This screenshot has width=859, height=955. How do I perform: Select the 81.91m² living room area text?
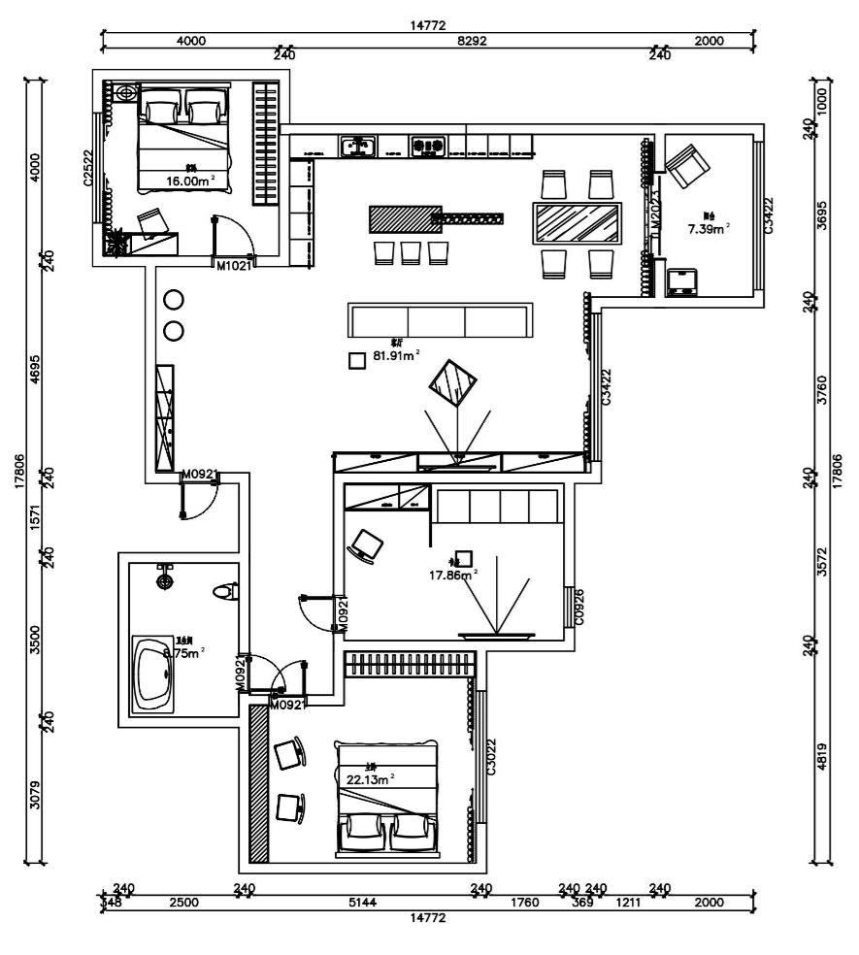point(397,356)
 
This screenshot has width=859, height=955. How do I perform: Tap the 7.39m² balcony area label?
point(709,229)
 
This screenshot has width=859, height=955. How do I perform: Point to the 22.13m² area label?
point(372,778)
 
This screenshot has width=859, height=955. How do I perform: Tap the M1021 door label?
point(234,265)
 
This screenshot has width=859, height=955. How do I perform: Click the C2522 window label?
point(87,167)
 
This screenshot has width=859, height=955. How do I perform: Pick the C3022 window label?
point(492,754)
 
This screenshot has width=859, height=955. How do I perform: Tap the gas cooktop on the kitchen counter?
point(427,147)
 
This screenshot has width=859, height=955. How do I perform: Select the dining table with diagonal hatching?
point(578,223)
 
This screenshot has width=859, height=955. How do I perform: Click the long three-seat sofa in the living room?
point(440,320)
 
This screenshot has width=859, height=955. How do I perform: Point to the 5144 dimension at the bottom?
point(364,903)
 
